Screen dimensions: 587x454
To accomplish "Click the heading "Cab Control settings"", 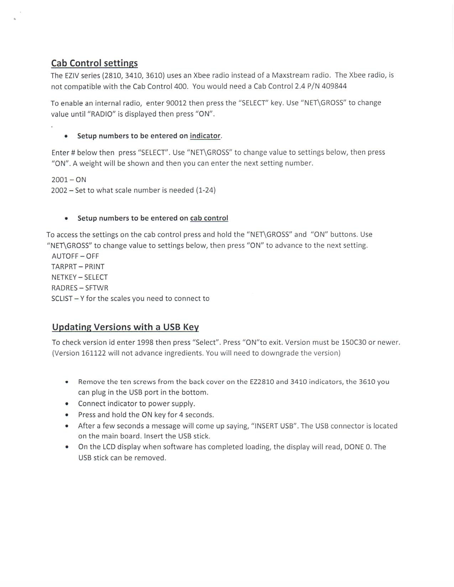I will (94, 64).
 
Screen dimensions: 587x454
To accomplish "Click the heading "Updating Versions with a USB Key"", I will (125, 327).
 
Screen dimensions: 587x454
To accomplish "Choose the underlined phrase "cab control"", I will (209, 218).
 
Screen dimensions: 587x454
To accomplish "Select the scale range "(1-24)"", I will (206, 190).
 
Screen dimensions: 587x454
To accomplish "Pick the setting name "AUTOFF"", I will (65, 256).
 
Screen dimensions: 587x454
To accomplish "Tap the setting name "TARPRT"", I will (64, 267).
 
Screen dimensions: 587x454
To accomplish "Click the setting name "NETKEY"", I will (64, 277).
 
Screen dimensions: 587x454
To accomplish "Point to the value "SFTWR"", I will (96, 288).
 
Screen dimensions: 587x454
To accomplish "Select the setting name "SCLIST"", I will (62, 299).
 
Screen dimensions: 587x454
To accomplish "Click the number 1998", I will (145, 342).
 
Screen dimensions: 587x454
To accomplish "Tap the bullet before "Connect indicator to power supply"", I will (66, 404).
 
